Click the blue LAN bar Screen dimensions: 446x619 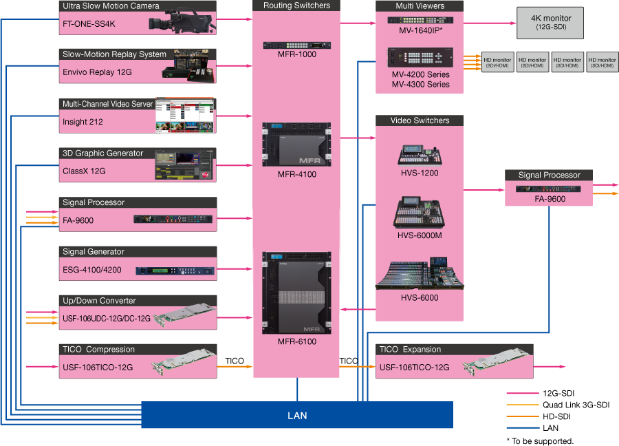coord(297,415)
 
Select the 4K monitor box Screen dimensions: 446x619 coord(550,23)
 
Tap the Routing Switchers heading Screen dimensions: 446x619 coord(296,6)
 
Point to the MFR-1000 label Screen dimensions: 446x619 coord(297,54)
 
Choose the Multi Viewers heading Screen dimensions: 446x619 coord(420,6)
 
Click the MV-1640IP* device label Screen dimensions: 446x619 coord(420,31)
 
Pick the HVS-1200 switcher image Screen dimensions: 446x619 coord(420,155)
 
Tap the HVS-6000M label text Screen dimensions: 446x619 coord(420,235)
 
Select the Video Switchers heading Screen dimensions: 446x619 coord(420,120)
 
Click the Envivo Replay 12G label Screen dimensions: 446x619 coord(97,72)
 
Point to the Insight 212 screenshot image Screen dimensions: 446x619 coord(184,115)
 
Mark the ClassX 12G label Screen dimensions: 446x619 coord(84,171)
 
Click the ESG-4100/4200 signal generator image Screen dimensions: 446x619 coord(175,270)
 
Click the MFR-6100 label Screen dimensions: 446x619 coord(297,342)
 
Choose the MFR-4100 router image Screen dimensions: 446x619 coord(296,145)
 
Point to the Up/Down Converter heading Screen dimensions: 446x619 coord(99,301)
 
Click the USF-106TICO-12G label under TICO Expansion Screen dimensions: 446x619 coord(414,368)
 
